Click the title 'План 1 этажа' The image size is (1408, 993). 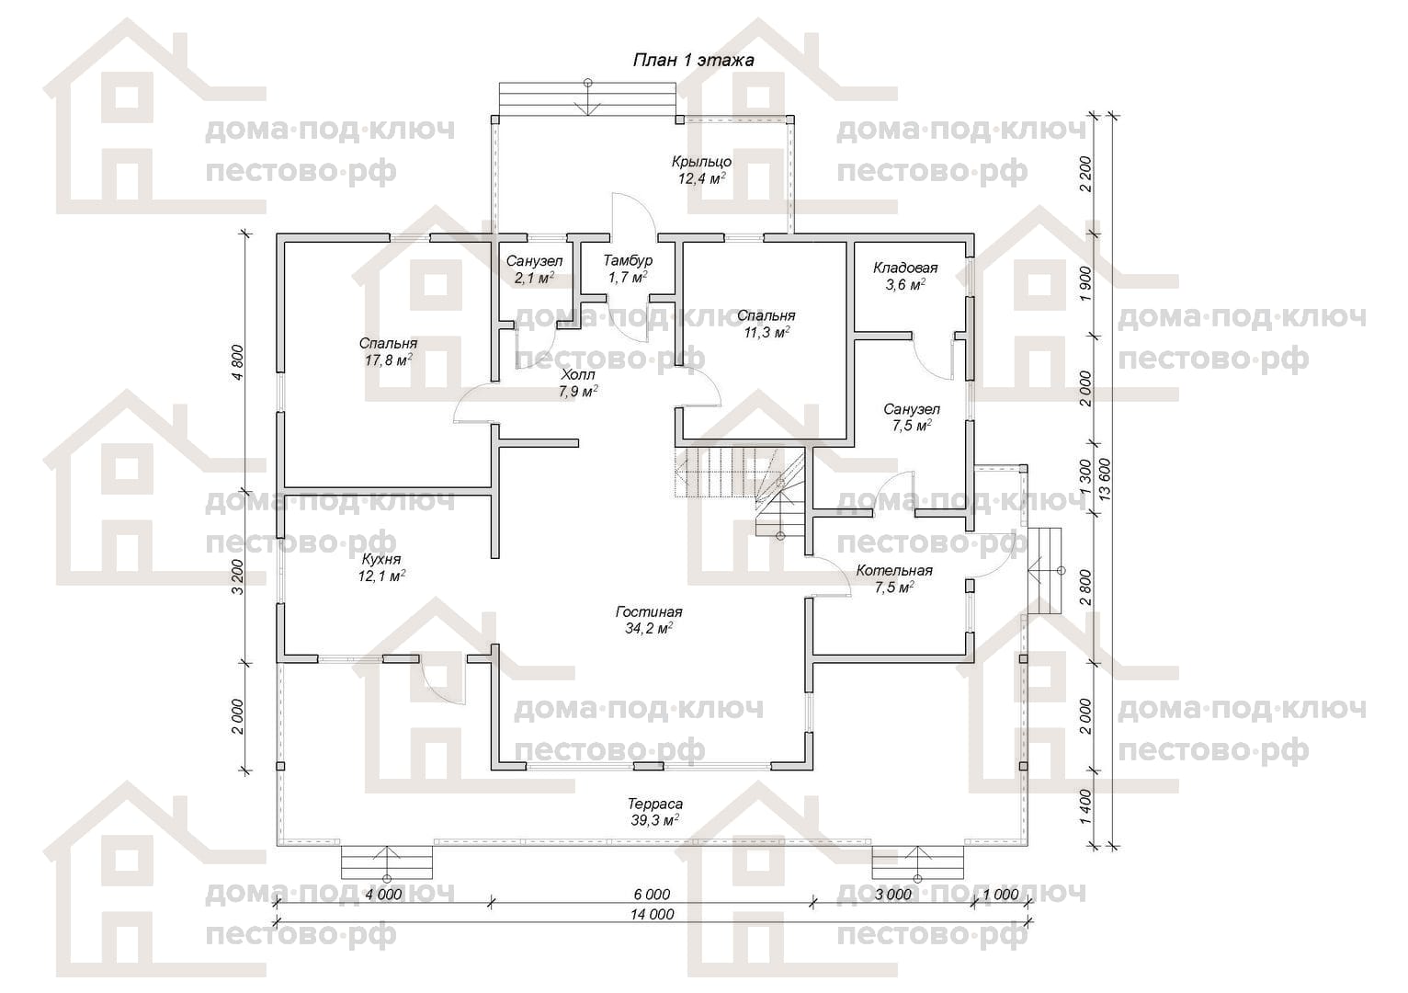point(693,61)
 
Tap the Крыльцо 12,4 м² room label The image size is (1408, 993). point(701,170)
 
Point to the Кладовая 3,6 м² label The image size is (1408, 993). point(905,276)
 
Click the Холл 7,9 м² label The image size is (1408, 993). point(578,383)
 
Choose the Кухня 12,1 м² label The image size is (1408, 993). point(381,567)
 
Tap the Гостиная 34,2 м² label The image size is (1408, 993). point(649,620)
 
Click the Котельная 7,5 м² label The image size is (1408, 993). point(894,578)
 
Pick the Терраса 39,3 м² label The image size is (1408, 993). point(654,812)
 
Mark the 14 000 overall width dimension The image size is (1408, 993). point(653,914)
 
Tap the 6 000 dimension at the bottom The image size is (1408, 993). point(652,894)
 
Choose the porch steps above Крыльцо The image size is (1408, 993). point(587,99)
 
